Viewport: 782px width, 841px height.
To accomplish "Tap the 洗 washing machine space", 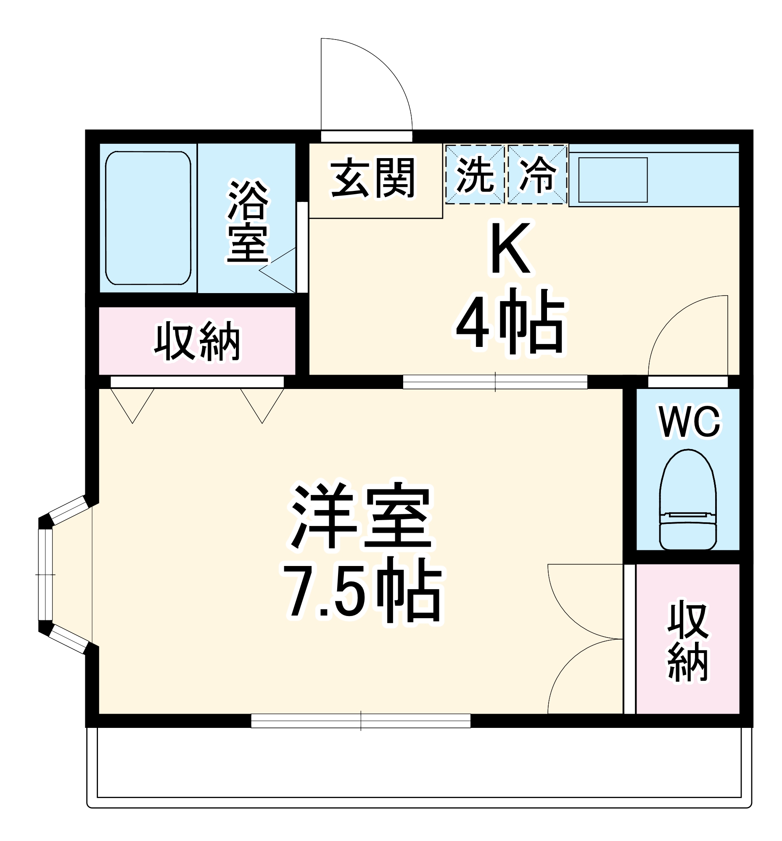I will pyautogui.click(x=475, y=174).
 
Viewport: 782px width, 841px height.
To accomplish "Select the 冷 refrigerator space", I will pyautogui.click(x=537, y=174).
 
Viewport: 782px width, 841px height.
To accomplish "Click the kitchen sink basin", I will pyautogui.click(x=613, y=180).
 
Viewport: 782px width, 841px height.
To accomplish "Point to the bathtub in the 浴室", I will pyautogui.click(x=148, y=218).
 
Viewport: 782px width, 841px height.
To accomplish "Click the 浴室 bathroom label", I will pyautogui.click(x=247, y=221).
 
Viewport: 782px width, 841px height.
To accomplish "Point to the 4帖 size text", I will pyautogui.click(x=509, y=322).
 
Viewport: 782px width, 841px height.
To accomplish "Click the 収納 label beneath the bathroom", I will pyautogui.click(x=197, y=341).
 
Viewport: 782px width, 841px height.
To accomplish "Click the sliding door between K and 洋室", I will pyautogui.click(x=495, y=382).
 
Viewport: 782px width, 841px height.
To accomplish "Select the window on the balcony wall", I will pyautogui.click(x=360, y=721).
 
